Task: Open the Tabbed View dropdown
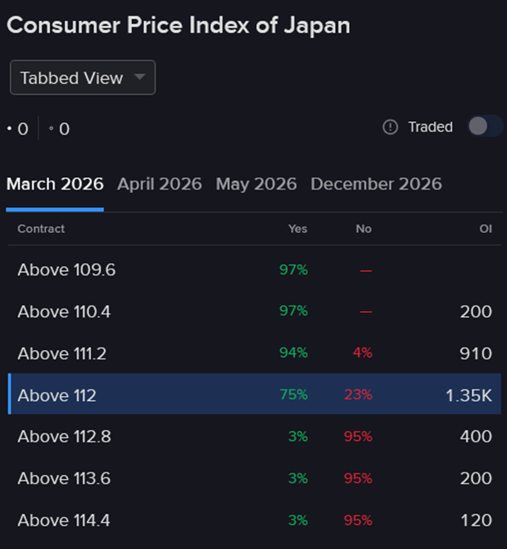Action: pos(82,78)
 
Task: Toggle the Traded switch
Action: pos(485,126)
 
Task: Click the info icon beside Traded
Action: pos(391,127)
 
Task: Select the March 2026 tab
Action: pos(55,184)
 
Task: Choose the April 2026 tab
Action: pos(160,184)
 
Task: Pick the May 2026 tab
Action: pos(256,184)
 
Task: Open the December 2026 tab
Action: pos(376,184)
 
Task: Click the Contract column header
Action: pos(41,229)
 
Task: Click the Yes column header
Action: pos(297,229)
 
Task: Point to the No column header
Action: pos(363,229)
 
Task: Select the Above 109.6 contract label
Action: pos(66,270)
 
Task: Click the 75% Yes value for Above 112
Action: pos(293,395)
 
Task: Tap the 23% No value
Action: pos(358,395)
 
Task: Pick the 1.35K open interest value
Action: pos(469,395)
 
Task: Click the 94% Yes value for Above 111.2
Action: pos(293,353)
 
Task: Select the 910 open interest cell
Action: pos(475,354)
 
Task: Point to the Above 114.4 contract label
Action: pos(64,521)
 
